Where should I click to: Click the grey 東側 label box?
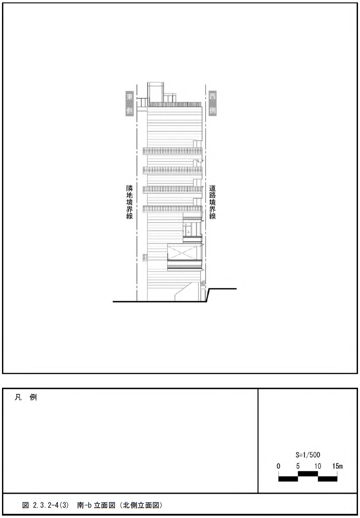click(x=129, y=104)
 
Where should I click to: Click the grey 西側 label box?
click(x=212, y=104)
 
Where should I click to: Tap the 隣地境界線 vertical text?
click(x=129, y=202)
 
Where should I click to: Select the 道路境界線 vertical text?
click(x=212, y=202)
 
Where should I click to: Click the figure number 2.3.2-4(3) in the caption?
click(x=51, y=506)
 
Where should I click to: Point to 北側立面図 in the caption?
click(x=141, y=506)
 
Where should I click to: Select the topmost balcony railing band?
click(x=172, y=151)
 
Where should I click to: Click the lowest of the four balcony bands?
click(x=172, y=209)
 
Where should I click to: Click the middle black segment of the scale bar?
click(x=308, y=474)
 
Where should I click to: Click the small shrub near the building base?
click(x=203, y=283)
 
